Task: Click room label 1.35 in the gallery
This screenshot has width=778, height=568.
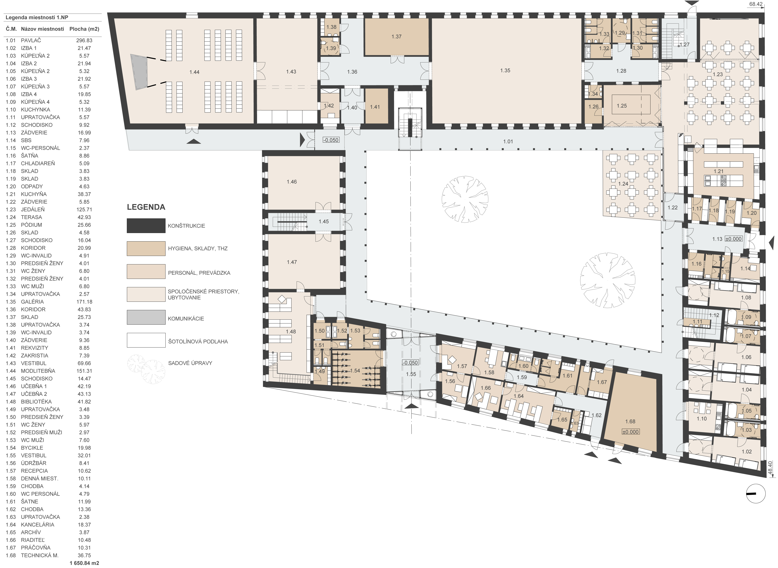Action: pyautogui.click(x=505, y=70)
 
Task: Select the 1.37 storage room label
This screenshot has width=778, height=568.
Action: pyautogui.click(x=396, y=36)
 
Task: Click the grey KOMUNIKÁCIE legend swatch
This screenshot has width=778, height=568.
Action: pyautogui.click(x=146, y=317)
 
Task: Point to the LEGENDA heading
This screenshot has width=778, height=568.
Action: pyautogui.click(x=146, y=207)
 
